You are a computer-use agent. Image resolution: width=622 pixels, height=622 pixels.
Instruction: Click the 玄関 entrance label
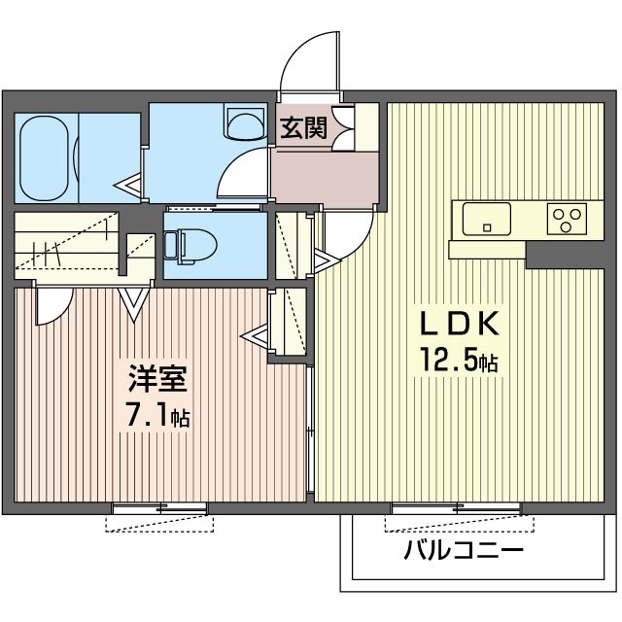[x=304, y=127]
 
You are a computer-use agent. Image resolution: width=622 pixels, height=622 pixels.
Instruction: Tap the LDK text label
[x=459, y=324]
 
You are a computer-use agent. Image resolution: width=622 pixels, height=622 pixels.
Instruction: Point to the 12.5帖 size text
[x=459, y=359]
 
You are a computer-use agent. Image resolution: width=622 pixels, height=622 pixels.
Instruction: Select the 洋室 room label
[x=157, y=378]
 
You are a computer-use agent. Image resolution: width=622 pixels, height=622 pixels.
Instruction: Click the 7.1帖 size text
[x=157, y=413]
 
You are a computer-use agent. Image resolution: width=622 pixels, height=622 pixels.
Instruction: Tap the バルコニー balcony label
[x=465, y=550]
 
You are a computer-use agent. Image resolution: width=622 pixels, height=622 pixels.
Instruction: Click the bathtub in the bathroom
[x=44, y=158]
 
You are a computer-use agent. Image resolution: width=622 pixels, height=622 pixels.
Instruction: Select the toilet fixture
[x=190, y=246]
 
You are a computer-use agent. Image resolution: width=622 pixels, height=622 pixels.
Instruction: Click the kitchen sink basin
[x=486, y=219]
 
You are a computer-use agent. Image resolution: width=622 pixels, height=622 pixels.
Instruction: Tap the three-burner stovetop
[x=567, y=219]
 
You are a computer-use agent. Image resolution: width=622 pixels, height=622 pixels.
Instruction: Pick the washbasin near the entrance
[x=245, y=121]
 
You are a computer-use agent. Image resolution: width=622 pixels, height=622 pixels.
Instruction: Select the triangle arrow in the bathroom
[x=127, y=186]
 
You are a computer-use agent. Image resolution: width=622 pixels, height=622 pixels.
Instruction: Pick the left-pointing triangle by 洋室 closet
[x=255, y=336]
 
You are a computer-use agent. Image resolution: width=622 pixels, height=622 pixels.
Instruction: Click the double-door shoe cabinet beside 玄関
[x=343, y=127]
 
